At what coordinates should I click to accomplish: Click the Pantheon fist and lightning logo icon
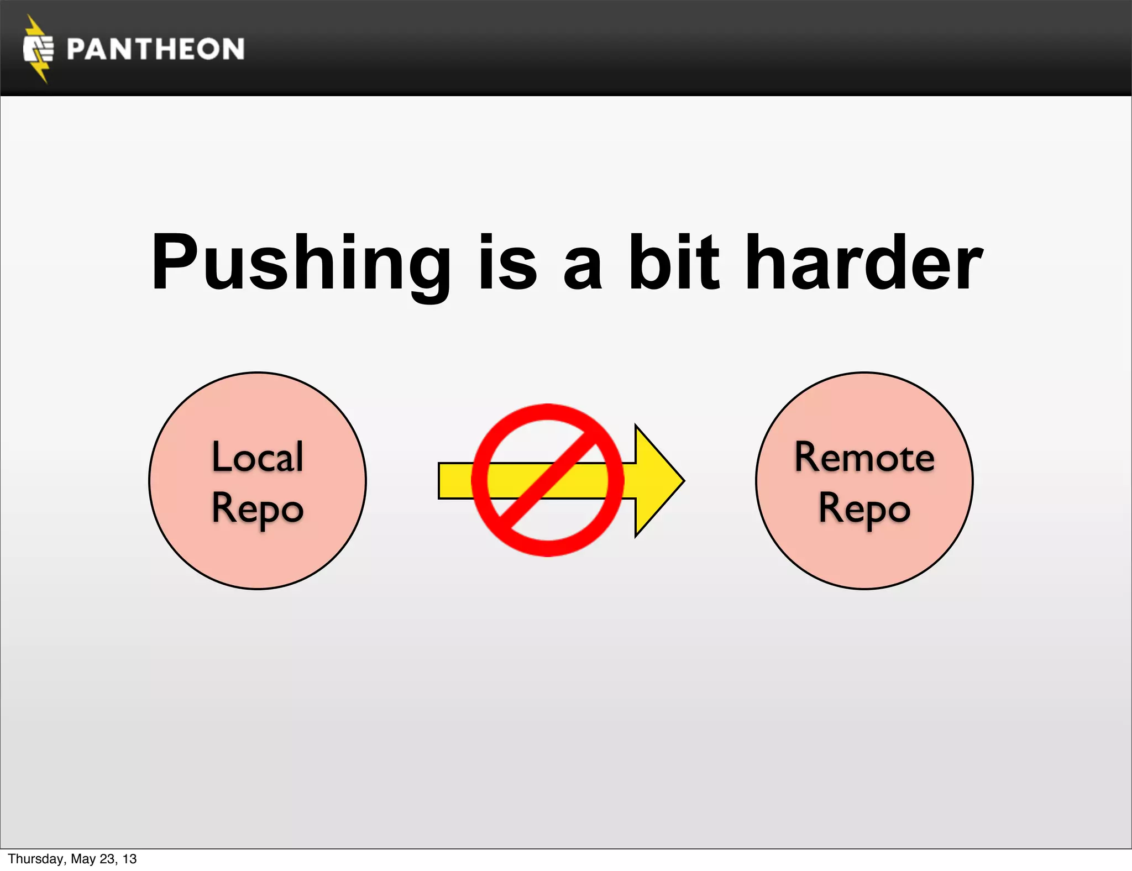pyautogui.click(x=38, y=49)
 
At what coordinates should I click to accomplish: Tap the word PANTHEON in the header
pyautogui.click(x=155, y=49)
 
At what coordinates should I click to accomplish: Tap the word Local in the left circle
pyautogui.click(x=258, y=457)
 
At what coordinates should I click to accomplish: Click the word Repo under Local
pyautogui.click(x=258, y=509)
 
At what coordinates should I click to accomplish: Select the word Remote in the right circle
pyautogui.click(x=864, y=457)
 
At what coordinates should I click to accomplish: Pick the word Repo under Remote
pyautogui.click(x=864, y=509)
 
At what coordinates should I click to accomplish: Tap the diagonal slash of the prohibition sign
pyautogui.click(x=547, y=480)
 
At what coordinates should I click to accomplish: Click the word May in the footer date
pyautogui.click(x=83, y=859)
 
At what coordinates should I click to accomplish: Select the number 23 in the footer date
pyautogui.click(x=107, y=859)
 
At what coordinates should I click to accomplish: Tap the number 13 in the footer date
pyautogui.click(x=129, y=859)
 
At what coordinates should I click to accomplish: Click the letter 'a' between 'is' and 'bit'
pyautogui.click(x=582, y=268)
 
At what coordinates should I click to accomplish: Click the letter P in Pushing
pyautogui.click(x=172, y=263)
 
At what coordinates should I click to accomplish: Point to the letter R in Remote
pyautogui.click(x=808, y=457)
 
